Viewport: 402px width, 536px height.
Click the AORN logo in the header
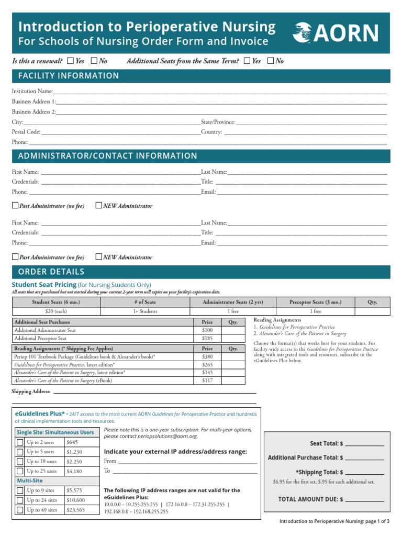coord(335,33)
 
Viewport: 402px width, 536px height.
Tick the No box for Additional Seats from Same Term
coord(270,61)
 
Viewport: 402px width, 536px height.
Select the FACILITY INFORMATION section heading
coord(69,76)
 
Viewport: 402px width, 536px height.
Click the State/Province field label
coord(218,122)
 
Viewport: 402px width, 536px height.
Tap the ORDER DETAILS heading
coord(51,272)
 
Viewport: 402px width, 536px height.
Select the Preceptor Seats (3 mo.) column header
coord(315,302)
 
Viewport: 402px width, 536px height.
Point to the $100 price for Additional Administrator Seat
coord(207,331)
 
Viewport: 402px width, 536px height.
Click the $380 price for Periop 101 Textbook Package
coord(207,356)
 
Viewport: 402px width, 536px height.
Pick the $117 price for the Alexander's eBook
coord(207,381)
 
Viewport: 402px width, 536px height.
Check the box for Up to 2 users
coord(20,442)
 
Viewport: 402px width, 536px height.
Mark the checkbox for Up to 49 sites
coord(20,510)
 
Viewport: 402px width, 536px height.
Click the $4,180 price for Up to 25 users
coord(74,471)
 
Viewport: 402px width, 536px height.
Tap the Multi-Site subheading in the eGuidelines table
coord(30,481)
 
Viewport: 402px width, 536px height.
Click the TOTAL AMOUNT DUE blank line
coord(364,499)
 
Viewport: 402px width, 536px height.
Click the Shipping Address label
coord(31,392)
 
